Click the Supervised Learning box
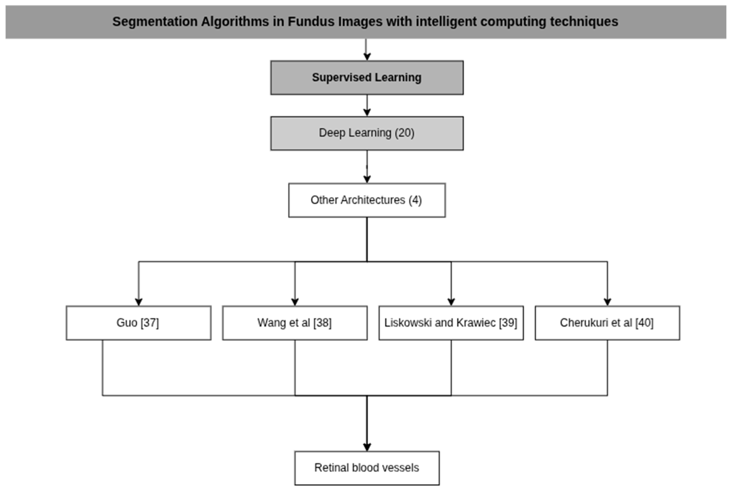click(367, 78)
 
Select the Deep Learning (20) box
click(367, 133)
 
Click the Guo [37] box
click(138, 323)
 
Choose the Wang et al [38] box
click(295, 323)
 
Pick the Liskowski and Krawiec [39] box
click(451, 323)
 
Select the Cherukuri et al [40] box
click(607, 323)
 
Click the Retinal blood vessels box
click(367, 468)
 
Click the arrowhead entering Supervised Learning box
click(367, 57)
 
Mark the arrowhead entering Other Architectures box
click(367, 179)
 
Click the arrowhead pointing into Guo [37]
click(138, 302)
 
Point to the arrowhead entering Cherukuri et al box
click(607, 302)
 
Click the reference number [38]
click(322, 323)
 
